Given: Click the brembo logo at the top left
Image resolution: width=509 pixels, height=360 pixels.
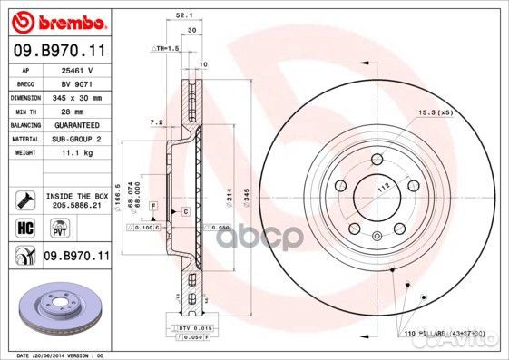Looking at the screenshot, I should [57, 19].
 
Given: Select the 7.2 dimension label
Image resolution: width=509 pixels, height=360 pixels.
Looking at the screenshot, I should [155, 121].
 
